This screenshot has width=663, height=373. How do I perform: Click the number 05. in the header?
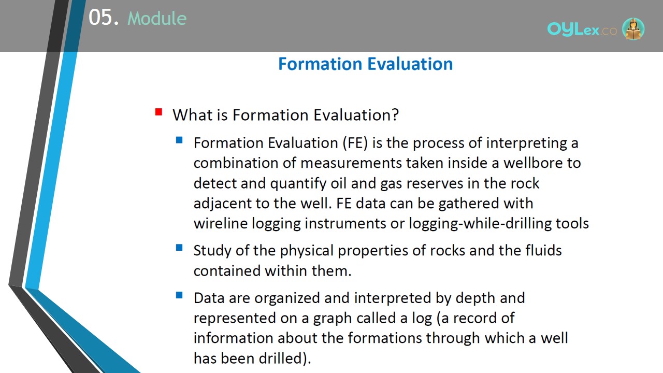coord(103,17)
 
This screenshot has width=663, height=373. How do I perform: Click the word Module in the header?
coord(157,18)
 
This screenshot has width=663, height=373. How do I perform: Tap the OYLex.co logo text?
coord(582,30)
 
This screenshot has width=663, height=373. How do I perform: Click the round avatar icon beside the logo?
coord(633,28)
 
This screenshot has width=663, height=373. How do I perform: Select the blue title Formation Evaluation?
coord(366,64)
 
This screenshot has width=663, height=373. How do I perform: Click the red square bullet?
coord(158,112)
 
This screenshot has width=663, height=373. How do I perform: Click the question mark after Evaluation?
coord(395,115)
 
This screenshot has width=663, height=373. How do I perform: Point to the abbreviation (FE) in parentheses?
coord(355,143)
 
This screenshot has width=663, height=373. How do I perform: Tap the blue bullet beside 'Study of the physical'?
coord(179,247)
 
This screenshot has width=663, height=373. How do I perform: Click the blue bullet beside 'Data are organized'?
coord(179,295)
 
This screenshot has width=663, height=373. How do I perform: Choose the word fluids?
coord(543,250)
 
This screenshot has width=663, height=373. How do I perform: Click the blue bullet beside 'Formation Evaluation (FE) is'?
coord(179,140)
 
